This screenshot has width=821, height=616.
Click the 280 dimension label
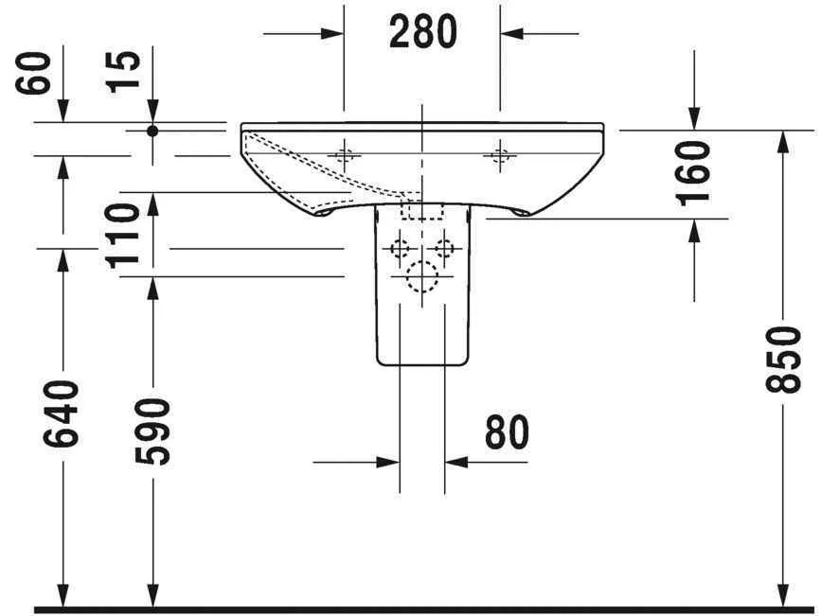coord(422,33)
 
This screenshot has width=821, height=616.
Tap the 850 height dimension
coord(784,360)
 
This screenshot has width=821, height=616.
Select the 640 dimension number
coord(62,415)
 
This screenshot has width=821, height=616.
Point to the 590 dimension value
coord(152,431)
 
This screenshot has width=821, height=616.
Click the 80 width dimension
coord(507,433)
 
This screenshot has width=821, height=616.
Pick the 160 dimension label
coord(695,172)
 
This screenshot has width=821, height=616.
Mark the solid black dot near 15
coord(152,131)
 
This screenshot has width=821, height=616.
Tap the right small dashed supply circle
coord(443,249)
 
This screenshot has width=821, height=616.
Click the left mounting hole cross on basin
coord(345,155)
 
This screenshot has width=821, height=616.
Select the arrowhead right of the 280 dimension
coord(512,34)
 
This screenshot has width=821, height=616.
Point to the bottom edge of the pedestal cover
coord(422,364)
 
